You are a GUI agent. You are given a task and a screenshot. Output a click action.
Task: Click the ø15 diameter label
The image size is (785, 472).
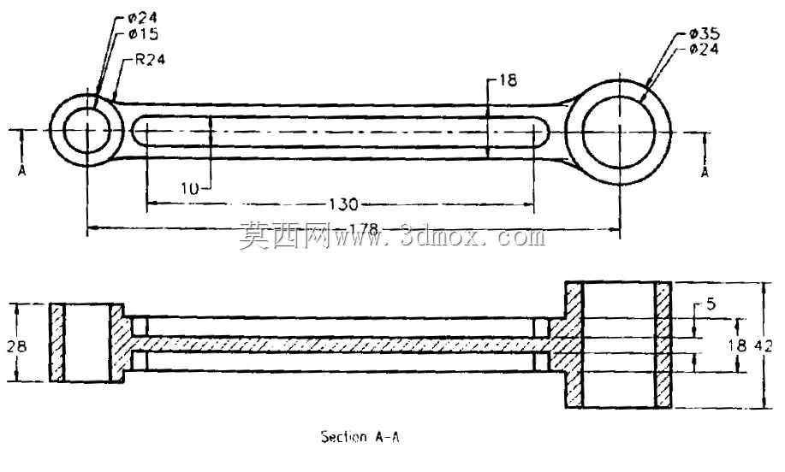[143, 34]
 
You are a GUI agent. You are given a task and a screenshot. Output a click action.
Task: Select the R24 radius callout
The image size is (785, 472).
[150, 60]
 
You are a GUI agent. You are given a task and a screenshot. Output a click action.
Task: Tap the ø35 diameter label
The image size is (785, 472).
[704, 33]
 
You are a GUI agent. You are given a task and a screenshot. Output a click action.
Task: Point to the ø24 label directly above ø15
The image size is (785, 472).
[143, 18]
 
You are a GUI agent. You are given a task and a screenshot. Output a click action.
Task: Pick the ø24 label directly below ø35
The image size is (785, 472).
[704, 49]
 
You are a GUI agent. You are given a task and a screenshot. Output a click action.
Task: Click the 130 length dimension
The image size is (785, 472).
[343, 204]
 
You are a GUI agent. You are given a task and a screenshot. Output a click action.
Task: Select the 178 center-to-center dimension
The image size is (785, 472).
[363, 229]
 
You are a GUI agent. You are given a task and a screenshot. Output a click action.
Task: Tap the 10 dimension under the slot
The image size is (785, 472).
[190, 188]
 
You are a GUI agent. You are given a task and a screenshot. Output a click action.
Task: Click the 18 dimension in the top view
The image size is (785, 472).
[508, 80]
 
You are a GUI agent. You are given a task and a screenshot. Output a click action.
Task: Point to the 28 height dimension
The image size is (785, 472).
[16, 345]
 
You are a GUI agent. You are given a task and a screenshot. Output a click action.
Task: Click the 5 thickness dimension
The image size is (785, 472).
[711, 304]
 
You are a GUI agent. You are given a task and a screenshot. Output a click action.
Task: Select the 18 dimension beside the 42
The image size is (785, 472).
[737, 345]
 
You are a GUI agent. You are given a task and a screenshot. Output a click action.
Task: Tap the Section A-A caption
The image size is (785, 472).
[360, 437]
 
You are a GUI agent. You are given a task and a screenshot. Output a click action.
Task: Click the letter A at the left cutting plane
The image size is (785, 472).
[22, 171]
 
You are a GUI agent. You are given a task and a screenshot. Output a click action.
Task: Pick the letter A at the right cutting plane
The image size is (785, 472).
[705, 172]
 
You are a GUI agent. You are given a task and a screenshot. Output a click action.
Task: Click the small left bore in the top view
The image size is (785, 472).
[87, 130]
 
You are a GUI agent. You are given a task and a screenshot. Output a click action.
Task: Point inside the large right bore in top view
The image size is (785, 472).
[619, 132]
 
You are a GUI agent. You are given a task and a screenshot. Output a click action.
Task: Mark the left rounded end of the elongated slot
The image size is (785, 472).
[139, 131]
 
